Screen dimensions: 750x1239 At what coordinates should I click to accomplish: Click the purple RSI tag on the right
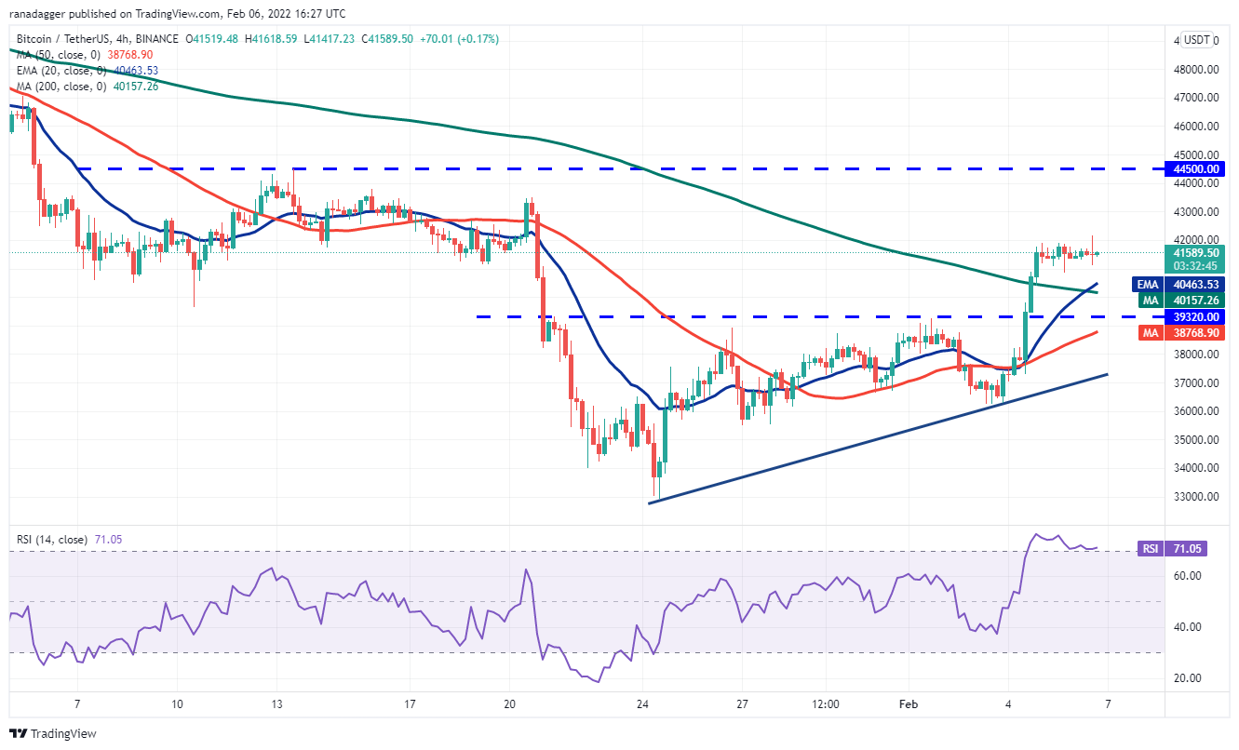pos(1151,549)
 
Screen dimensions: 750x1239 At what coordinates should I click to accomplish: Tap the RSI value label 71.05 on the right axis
pos(1191,549)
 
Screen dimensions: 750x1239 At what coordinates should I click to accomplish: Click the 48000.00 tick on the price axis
pos(1197,69)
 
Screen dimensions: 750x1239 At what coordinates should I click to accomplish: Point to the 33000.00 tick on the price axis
pos(1197,497)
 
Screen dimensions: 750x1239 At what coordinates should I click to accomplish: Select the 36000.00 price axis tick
pos(1197,411)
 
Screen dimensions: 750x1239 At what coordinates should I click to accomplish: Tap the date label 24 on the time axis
pos(641,704)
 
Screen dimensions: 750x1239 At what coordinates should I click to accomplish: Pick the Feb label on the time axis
pos(908,704)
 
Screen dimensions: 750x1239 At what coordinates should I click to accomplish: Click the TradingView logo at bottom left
pos(53,733)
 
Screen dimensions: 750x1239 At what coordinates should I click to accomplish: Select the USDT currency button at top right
pos(1196,40)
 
